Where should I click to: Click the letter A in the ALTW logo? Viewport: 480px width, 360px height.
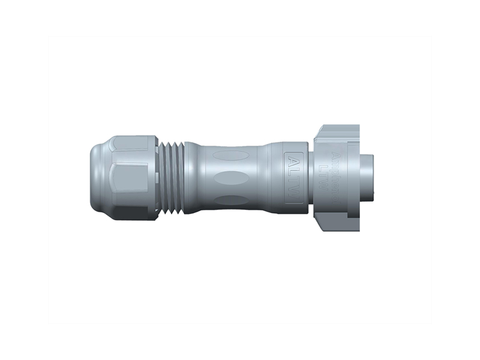pyautogui.click(x=293, y=163)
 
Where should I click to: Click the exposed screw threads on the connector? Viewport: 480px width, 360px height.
pyautogui.click(x=172, y=177)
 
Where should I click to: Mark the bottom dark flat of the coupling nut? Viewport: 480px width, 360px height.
pyautogui.click(x=339, y=224)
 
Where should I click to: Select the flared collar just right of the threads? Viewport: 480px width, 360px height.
pyautogui.click(x=191, y=177)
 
